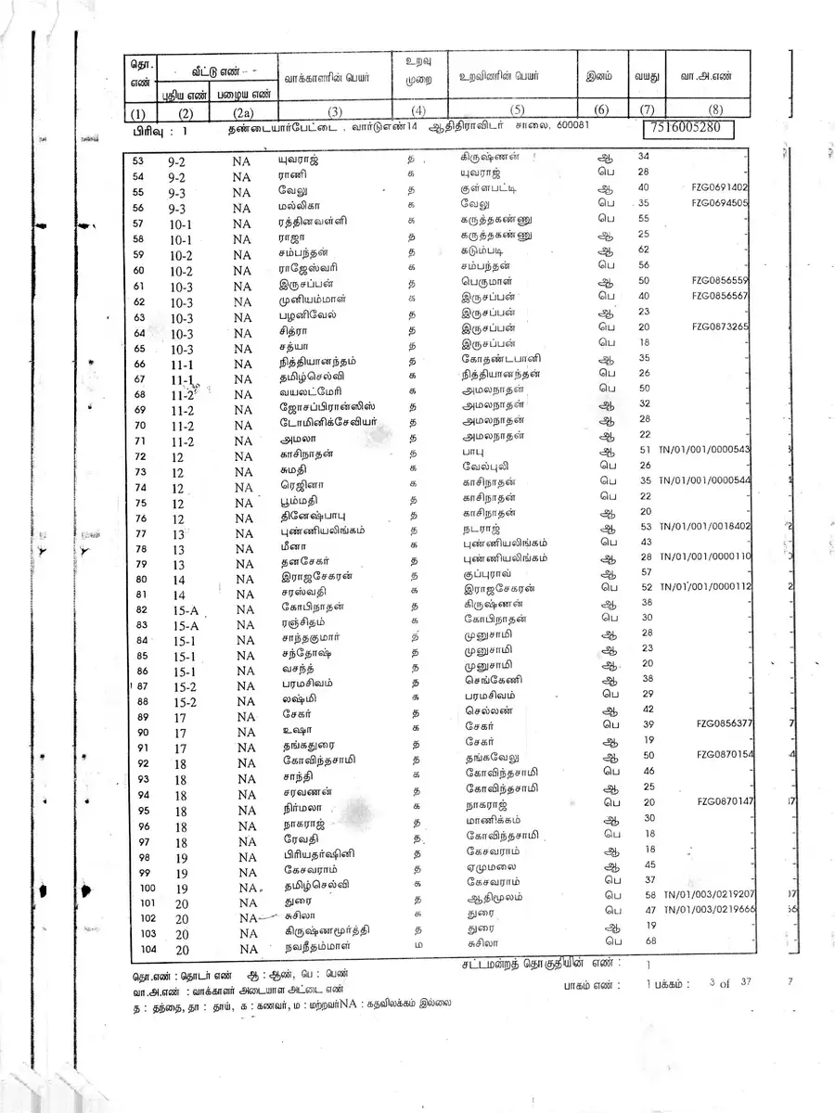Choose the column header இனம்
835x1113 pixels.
pos(599,77)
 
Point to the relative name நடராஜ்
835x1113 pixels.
pos(480,527)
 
